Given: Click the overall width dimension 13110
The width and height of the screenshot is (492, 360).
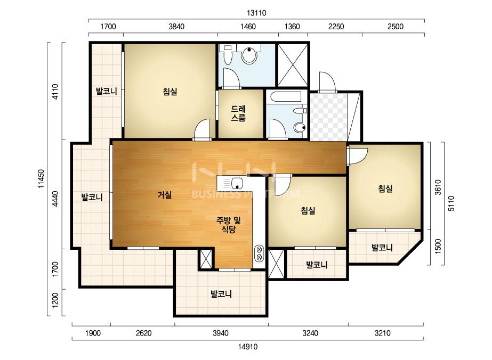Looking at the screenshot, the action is [x=256, y=13].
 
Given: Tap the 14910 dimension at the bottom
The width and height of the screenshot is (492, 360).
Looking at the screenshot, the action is [x=247, y=347].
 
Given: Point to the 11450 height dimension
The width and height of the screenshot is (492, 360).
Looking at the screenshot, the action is [x=41, y=179].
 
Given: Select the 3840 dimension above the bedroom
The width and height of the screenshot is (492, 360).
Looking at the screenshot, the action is [x=176, y=26].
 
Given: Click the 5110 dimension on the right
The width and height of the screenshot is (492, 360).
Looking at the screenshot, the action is [x=451, y=203].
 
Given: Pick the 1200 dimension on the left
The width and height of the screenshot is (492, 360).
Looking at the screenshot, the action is [x=55, y=300].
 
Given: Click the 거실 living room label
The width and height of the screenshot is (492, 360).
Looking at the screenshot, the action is [x=165, y=195].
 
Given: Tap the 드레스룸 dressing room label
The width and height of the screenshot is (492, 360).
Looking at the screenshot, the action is [x=238, y=113].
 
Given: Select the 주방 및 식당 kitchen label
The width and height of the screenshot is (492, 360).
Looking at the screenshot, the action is [x=229, y=225].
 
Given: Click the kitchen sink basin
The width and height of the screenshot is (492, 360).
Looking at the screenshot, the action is [x=237, y=183].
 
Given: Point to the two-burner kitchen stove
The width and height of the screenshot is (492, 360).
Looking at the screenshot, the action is [x=260, y=253].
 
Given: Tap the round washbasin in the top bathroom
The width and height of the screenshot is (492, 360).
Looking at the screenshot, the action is [x=249, y=54].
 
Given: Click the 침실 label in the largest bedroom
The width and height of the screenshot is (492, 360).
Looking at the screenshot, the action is [x=170, y=92].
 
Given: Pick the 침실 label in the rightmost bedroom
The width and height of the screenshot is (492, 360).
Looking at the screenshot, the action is [x=385, y=189].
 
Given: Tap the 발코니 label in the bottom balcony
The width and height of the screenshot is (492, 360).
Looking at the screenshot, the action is [x=221, y=294].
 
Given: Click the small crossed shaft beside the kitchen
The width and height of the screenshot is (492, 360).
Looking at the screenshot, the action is [x=206, y=259].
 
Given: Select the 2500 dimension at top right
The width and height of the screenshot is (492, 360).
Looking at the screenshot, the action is [x=396, y=26].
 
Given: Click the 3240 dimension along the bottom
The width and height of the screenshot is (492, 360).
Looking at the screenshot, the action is [x=310, y=333].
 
